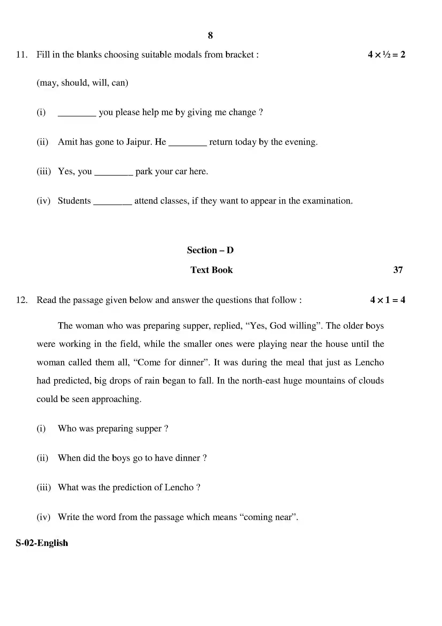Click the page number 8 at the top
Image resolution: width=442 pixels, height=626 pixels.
(210, 35)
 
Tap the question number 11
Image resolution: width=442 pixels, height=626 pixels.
(21, 55)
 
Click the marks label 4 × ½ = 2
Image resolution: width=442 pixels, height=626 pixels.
(386, 55)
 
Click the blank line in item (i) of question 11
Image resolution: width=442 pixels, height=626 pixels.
(77, 115)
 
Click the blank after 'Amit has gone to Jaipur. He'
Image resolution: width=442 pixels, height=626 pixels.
(188, 145)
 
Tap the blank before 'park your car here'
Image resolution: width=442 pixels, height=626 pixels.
(114, 174)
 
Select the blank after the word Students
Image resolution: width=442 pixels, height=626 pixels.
(113, 203)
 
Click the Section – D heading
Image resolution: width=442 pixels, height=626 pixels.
(210, 250)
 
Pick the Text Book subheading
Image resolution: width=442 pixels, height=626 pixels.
(212, 270)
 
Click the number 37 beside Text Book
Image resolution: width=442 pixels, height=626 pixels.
(398, 270)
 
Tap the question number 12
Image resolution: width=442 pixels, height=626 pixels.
(21, 300)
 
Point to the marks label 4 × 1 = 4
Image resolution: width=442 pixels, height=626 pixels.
(387, 300)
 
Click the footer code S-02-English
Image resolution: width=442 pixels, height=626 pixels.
(42, 543)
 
